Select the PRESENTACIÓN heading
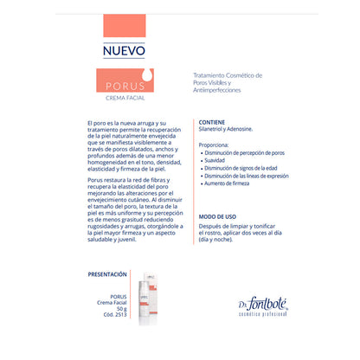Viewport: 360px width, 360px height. pyautogui.click(x=114, y=273)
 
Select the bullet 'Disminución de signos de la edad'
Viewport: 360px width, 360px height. pyautogui.click(x=244, y=168)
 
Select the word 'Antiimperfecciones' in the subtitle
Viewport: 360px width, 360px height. pyautogui.click(x=220, y=90)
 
